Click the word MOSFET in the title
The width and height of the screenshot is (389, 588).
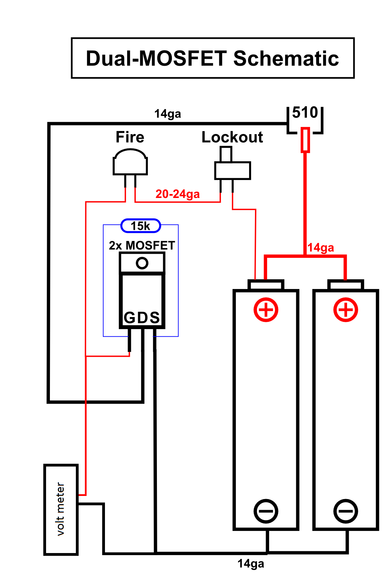[x=183, y=58]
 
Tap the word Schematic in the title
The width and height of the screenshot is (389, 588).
[x=286, y=58]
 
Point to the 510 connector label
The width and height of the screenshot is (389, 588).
[x=305, y=112]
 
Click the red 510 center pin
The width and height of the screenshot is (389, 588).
[x=305, y=140]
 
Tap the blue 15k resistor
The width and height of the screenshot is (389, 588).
[x=141, y=226]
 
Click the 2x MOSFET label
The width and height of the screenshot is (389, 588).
[x=142, y=245]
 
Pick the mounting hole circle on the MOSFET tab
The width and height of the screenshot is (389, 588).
[x=142, y=263]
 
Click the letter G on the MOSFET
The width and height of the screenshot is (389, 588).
[x=129, y=318]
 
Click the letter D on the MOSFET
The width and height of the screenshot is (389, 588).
[x=142, y=318]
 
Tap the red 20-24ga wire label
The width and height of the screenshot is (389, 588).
[x=178, y=194]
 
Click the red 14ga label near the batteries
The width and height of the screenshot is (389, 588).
[x=321, y=247]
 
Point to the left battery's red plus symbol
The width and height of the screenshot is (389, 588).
[x=266, y=310]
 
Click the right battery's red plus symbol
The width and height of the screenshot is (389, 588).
[x=346, y=310]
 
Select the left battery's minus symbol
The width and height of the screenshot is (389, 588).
[x=266, y=511]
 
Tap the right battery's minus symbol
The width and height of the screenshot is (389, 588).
[x=346, y=511]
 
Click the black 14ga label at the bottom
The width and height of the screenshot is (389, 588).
[x=251, y=563]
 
